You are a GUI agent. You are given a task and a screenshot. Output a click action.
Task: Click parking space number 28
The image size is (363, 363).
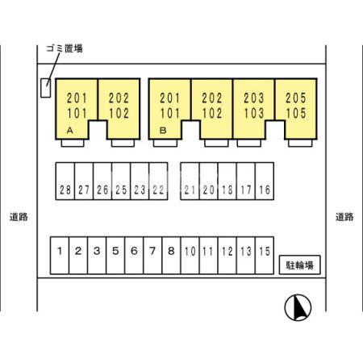point(65,181)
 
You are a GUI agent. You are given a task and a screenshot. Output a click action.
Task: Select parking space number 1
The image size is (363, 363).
point(60,256)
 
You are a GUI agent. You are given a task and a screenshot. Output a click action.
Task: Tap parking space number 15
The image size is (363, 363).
point(265,256)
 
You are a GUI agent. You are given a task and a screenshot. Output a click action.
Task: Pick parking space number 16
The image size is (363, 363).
point(265,181)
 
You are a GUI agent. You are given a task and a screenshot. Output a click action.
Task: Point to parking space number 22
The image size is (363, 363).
point(158,181)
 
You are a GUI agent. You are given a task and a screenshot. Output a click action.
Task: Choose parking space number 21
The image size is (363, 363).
point(190,181)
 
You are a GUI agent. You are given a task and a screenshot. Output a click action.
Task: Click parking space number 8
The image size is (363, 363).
point(171,256)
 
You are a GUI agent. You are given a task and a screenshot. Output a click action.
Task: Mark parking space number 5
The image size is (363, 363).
point(115,256)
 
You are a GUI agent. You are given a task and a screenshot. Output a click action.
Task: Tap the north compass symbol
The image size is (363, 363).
point(298,307)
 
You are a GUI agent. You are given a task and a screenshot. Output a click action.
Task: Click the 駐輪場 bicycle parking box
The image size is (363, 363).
point(300,265)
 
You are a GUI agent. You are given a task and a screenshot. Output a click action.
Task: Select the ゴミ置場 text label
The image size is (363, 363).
point(65,48)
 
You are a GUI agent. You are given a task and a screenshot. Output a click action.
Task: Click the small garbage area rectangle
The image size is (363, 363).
point(45,88)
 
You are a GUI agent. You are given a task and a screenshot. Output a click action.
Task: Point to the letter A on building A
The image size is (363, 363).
point(70,131)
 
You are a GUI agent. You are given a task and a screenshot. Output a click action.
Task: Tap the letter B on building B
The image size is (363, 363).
point(163,131)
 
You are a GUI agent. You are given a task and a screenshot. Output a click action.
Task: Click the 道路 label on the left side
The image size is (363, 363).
point(19,217)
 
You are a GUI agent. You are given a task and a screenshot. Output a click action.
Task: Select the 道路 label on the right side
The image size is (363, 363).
point(344,217)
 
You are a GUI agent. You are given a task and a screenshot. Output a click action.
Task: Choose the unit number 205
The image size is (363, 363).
point(296,98)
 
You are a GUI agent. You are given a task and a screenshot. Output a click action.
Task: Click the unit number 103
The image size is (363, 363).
point(254,113)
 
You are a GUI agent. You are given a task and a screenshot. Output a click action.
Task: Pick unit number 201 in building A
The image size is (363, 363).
point(77,98)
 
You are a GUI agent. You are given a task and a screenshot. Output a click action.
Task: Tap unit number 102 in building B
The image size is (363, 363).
point(212,113)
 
